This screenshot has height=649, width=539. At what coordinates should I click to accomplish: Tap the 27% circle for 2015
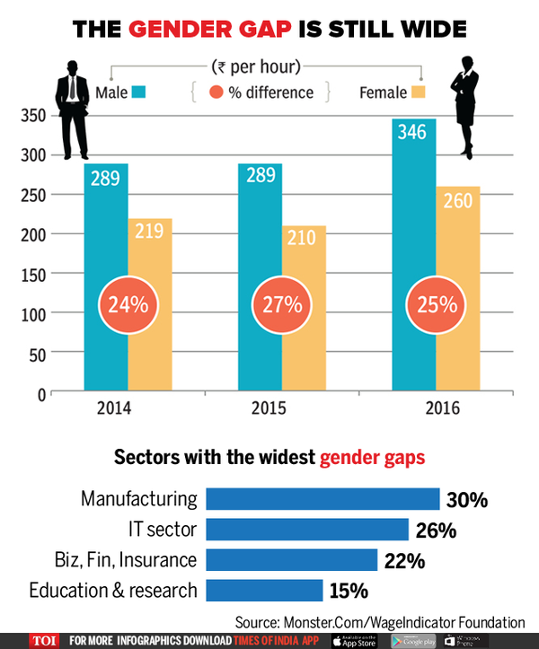(280, 305)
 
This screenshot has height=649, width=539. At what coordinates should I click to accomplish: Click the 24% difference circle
(128, 305)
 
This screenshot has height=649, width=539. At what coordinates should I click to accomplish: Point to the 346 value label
(415, 134)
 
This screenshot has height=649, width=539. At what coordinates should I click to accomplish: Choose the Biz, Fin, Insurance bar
(291, 560)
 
